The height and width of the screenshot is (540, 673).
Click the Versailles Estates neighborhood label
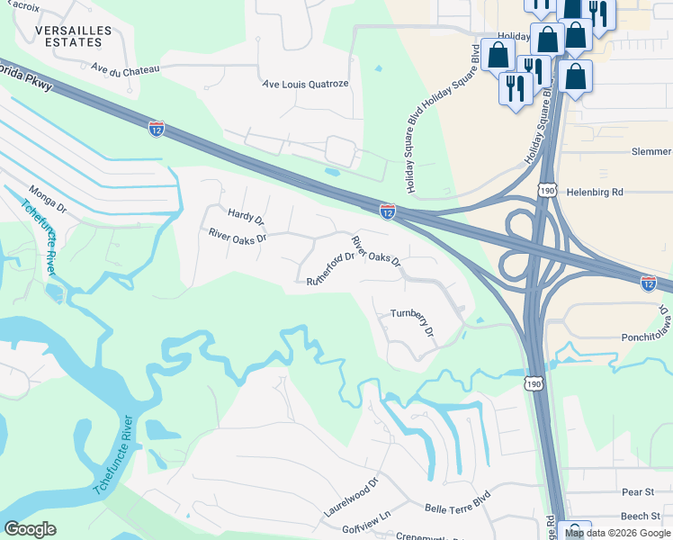click(x=74, y=36)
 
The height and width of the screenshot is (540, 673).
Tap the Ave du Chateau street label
click(x=125, y=68)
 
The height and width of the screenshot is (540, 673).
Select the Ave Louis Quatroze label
click(x=305, y=84)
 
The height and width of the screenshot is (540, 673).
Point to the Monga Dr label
click(x=48, y=197)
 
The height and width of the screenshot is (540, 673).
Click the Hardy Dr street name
click(x=246, y=216)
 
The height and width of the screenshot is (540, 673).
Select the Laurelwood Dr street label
click(x=352, y=497)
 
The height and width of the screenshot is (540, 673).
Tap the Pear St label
click(x=637, y=492)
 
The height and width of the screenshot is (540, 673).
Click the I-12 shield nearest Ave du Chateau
click(x=157, y=130)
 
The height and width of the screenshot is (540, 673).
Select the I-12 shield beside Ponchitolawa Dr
click(x=648, y=283)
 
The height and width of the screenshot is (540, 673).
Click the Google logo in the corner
click(x=31, y=528)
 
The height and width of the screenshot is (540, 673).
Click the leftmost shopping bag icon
click(x=498, y=56)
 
